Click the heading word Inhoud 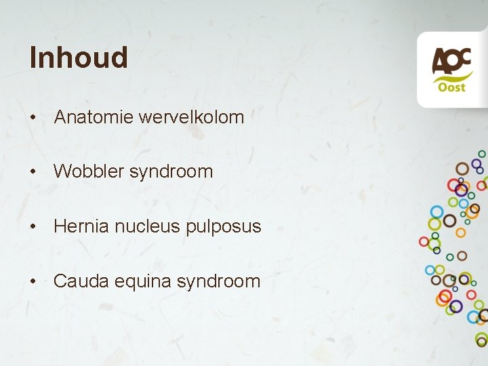click(x=79, y=58)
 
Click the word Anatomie click(x=94, y=117)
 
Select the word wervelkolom click(x=191, y=117)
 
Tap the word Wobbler click(x=88, y=171)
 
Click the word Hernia click(x=81, y=226)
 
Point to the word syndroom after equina click(x=218, y=281)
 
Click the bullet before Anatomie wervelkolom click(x=33, y=118)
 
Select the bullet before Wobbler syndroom click(x=33, y=172)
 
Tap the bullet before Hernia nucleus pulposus click(x=33, y=227)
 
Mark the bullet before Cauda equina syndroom click(x=33, y=281)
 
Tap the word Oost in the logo click(x=451, y=87)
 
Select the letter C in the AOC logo click(x=464, y=59)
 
